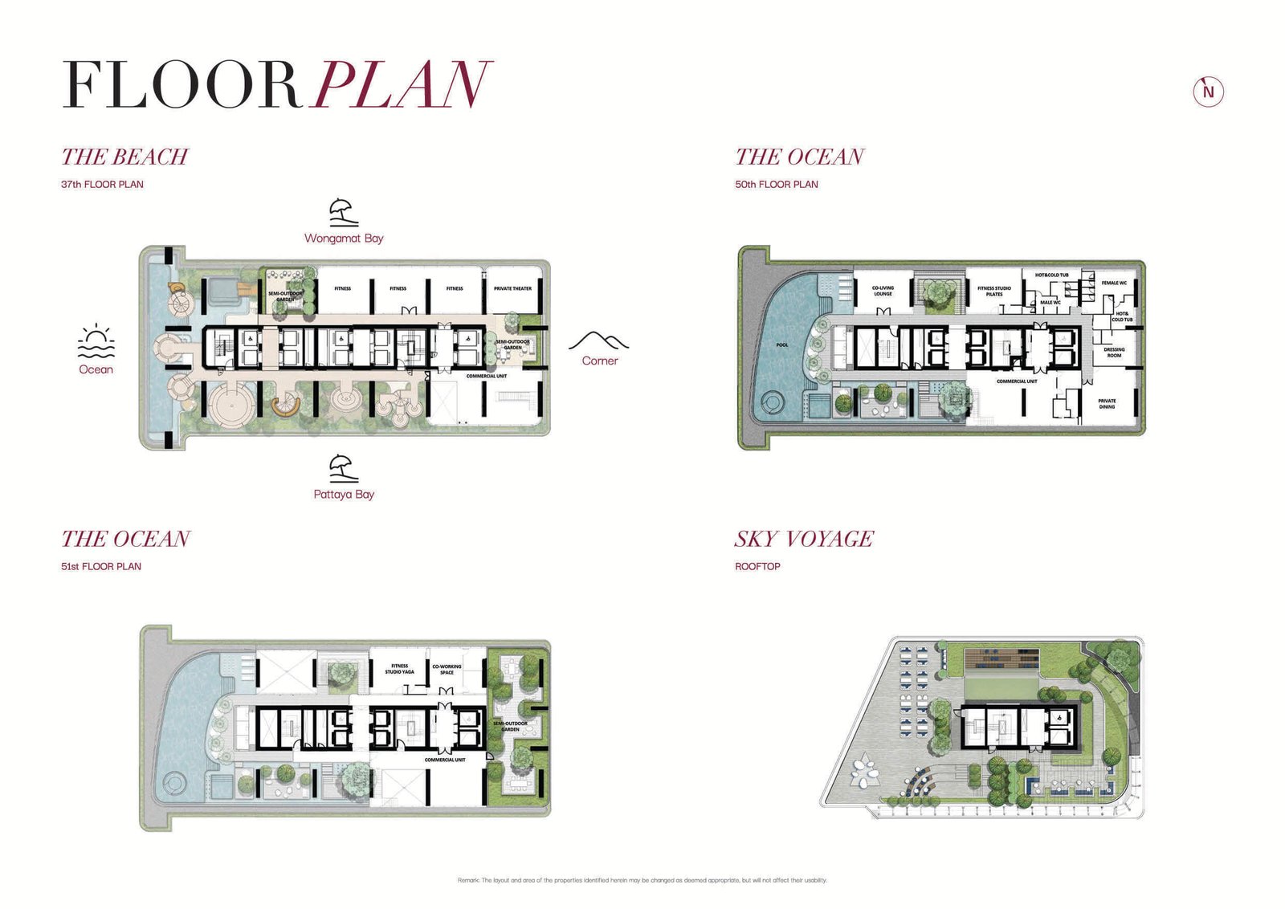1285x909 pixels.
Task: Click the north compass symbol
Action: point(1208,92)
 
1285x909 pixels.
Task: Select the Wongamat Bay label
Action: point(344,238)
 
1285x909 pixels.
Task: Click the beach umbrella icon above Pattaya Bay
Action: point(343,468)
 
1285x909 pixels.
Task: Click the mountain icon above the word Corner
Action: point(598,340)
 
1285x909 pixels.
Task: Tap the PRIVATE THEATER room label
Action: point(512,288)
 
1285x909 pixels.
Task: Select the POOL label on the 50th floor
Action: point(781,345)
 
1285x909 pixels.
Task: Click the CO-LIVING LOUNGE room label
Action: point(883,291)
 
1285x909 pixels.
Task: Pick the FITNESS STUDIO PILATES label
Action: point(994,291)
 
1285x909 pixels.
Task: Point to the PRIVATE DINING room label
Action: point(1107,403)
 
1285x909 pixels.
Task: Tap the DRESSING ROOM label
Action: point(1114,352)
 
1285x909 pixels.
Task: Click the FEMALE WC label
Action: point(1114,283)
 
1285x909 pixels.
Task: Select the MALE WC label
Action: point(1050,303)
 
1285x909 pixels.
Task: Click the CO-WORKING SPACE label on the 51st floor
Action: point(447,669)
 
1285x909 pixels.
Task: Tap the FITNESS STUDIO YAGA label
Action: point(399,668)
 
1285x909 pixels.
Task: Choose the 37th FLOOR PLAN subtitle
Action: point(102,184)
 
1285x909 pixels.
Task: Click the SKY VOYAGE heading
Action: point(804,539)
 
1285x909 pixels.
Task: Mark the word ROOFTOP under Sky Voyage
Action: point(757,566)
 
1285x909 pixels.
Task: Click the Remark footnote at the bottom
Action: point(642,880)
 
